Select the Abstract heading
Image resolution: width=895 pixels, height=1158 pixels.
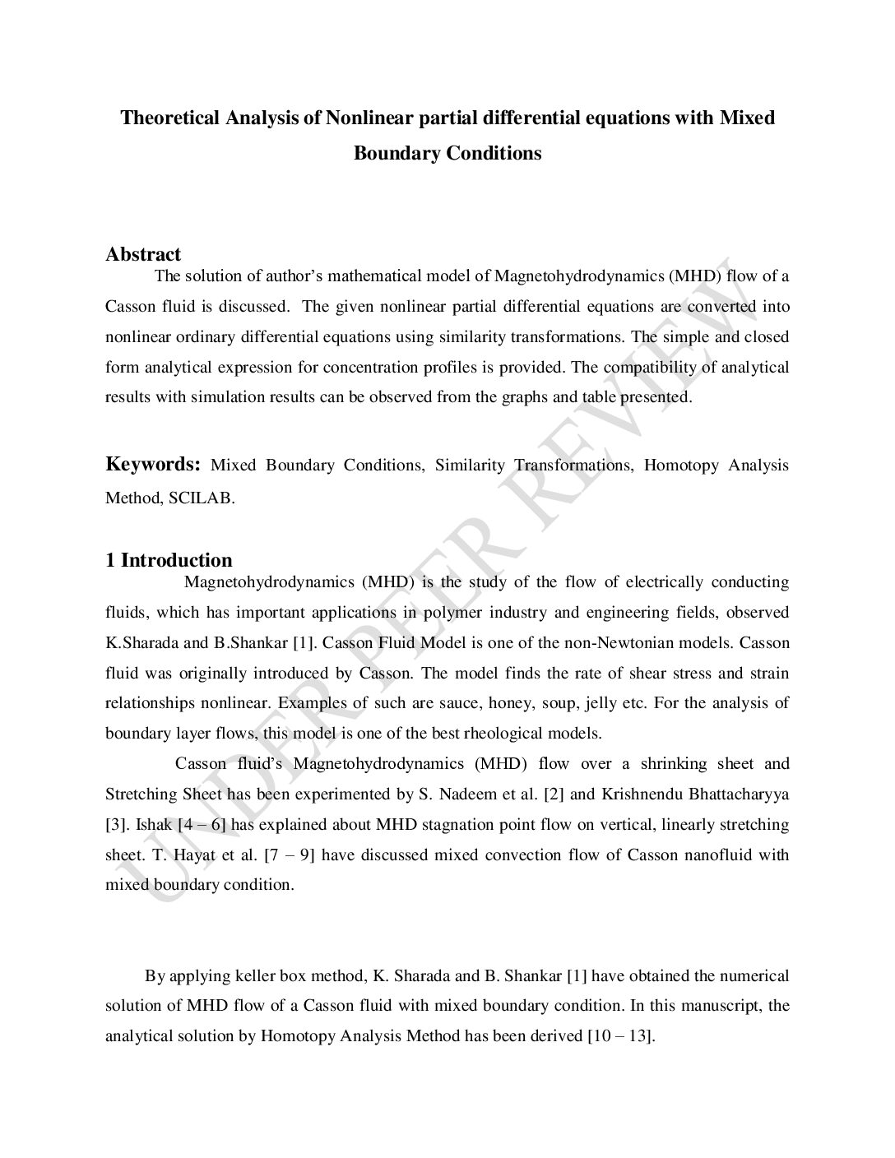coord(143,254)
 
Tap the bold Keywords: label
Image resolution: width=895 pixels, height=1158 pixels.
coord(153,464)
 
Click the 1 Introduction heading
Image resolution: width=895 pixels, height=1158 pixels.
coord(169,560)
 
